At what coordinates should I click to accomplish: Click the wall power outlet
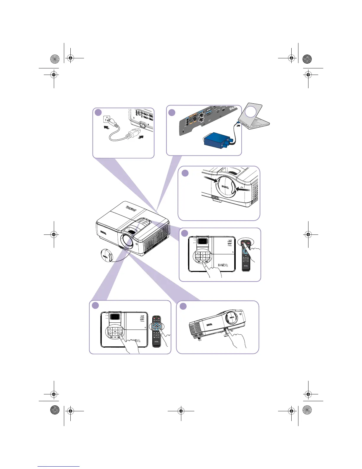[x=107, y=119]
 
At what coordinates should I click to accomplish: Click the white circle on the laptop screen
[x=251, y=112]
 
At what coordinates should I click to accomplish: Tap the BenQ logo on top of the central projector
[x=131, y=208]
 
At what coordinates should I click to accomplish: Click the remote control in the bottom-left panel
[x=156, y=331]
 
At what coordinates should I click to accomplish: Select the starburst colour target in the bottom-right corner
[x=307, y=410]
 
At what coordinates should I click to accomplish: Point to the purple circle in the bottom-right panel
[x=183, y=306]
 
